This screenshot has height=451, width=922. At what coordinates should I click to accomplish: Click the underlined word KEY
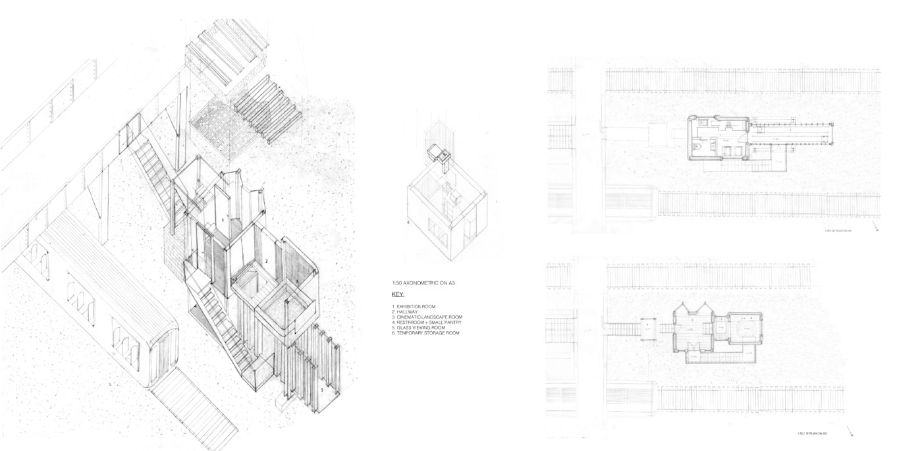pos(398,294)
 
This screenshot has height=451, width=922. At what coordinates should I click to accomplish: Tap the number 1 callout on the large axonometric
pos(223,219)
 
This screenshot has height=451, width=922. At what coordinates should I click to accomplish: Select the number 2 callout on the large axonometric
pos(266,261)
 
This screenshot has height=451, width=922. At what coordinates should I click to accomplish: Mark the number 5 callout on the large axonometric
pos(322,390)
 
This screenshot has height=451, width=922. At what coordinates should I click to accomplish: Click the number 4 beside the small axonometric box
pos(408,223)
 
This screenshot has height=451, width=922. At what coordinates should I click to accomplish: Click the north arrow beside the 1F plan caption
pos(852,433)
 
